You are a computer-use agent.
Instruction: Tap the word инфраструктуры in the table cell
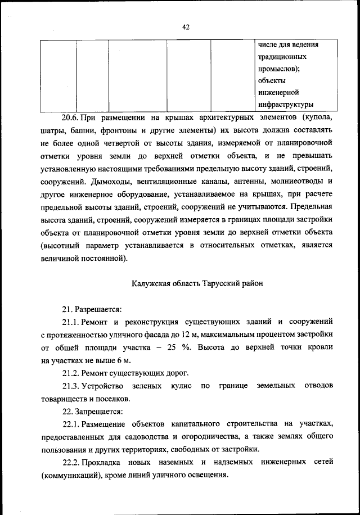pos(285,105)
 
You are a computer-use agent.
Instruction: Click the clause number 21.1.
pos(70,322)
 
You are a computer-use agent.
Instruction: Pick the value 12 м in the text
pos(159,335)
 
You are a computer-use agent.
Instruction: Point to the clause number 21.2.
pos(70,373)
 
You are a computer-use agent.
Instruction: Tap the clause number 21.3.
pos(70,386)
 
